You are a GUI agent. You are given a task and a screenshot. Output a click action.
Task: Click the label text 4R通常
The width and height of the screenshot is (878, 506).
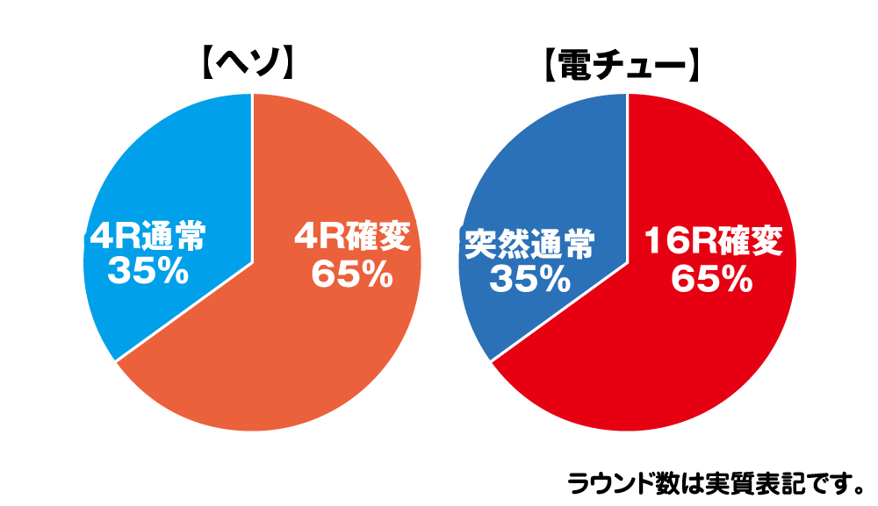coord(149,238)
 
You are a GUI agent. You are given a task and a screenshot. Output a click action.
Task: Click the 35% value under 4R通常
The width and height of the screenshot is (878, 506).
coord(148,272)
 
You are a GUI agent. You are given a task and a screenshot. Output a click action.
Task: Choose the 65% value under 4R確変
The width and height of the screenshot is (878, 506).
coord(351,274)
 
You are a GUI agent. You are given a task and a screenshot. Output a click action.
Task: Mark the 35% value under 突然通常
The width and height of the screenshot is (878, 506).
coord(529,278)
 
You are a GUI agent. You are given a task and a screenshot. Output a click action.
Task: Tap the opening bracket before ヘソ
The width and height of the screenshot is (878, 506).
coord(200,65)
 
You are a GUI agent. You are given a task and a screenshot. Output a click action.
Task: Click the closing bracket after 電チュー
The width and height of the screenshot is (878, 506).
coord(691,67)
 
